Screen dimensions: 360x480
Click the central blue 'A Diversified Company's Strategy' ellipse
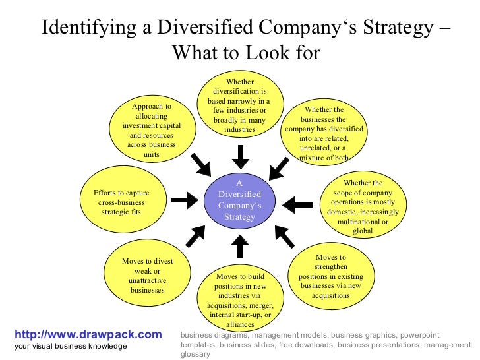pos(239,200)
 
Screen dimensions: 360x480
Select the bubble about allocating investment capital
pos(152,130)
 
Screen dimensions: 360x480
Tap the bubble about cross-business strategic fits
pos(121,202)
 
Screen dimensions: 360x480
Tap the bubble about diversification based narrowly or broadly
pos(239,106)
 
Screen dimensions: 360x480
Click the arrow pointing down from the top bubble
pos(241,156)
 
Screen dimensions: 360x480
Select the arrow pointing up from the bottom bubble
pos(241,246)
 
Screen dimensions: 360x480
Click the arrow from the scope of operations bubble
pos(297,204)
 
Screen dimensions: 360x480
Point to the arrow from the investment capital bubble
pos(200,163)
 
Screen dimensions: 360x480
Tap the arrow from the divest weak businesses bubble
pos(196,235)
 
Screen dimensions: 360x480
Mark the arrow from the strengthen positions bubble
pos(284,236)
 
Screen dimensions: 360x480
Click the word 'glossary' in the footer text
pos(195,354)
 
